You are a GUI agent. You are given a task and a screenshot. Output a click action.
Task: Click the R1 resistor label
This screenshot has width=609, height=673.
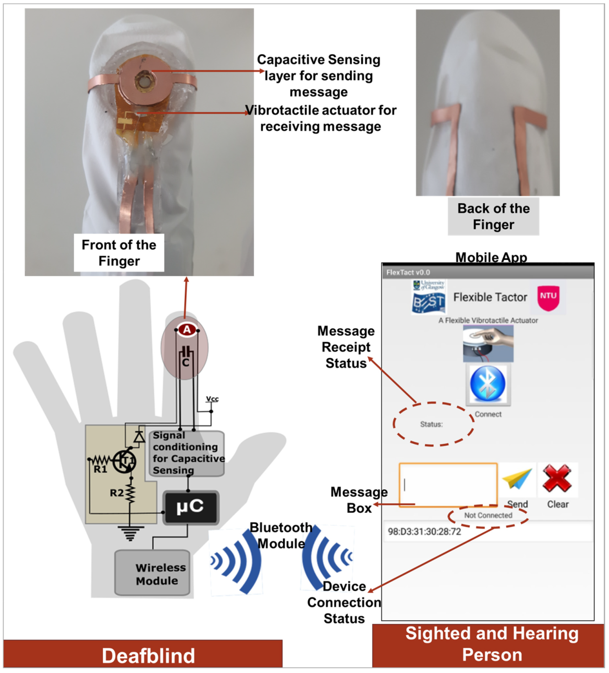(100, 469)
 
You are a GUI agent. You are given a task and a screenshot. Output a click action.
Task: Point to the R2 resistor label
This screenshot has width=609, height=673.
(117, 493)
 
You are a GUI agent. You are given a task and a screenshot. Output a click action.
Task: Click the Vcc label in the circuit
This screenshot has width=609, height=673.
(212, 399)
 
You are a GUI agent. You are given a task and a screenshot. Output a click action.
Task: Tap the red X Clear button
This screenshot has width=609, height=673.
(557, 479)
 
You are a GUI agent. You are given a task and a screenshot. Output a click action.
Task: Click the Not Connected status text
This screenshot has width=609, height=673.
(488, 515)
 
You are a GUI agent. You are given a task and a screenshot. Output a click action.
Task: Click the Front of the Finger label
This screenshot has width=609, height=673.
(119, 253)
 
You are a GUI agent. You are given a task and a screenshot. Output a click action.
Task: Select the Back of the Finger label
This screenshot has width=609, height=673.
(493, 216)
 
